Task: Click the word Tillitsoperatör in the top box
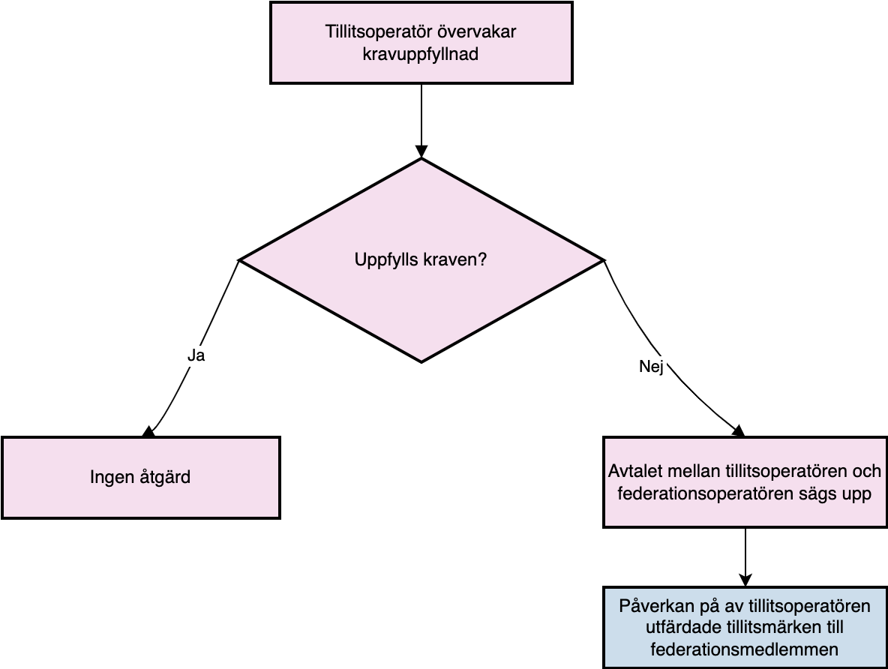click(371, 31)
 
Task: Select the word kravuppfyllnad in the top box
click(420, 55)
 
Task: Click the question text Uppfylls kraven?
click(421, 260)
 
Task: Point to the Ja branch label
click(196, 355)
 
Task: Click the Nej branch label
click(651, 367)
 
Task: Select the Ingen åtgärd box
click(141, 478)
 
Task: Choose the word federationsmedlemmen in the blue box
click(744, 649)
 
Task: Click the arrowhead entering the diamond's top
click(421, 151)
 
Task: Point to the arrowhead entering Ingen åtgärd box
click(148, 432)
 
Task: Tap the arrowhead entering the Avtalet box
click(739, 432)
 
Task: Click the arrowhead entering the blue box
click(745, 580)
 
